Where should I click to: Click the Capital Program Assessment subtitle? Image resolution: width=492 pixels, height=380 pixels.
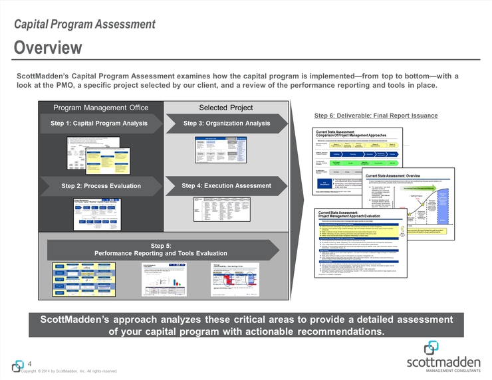coord(85,25)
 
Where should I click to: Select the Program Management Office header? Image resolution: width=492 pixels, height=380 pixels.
coord(101,108)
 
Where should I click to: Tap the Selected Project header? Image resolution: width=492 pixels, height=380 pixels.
coord(226,108)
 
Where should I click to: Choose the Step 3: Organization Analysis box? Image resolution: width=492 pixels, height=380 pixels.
coord(227,123)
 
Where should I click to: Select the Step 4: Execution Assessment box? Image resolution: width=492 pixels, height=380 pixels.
coord(227,186)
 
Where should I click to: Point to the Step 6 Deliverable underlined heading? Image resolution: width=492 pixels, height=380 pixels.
coord(376,116)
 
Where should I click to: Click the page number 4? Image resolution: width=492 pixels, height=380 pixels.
coord(31,363)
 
